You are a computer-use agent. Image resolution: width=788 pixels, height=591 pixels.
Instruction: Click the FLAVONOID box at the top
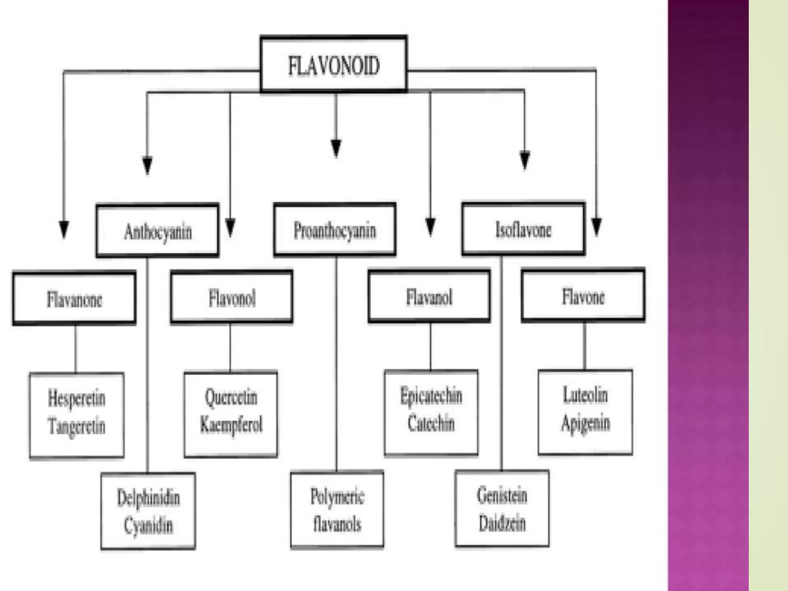point(334,64)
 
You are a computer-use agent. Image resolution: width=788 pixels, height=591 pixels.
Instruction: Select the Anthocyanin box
point(158,231)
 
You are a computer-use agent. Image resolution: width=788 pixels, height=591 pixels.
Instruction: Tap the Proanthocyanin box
point(335,230)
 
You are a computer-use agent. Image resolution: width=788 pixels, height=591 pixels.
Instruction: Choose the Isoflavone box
point(523,229)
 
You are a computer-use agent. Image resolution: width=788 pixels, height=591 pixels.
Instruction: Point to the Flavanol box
point(429,297)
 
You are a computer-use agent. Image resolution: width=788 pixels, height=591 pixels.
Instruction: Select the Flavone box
point(583,296)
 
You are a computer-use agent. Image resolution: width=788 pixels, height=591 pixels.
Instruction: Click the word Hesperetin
point(77,398)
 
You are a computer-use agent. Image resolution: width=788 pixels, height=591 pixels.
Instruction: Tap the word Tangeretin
point(77,426)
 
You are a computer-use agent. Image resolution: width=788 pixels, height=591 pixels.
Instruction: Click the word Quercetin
point(231,397)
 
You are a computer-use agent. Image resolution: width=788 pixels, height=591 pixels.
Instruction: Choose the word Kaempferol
point(231,425)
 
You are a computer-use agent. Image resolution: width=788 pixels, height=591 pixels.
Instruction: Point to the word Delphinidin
point(149,498)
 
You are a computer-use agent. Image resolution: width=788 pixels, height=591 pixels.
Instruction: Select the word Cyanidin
point(149,525)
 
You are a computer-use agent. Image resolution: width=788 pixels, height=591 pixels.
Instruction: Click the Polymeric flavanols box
point(337,509)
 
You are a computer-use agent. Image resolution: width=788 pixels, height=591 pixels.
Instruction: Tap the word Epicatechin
point(431,396)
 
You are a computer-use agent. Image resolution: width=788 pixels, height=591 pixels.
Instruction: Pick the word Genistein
point(502,495)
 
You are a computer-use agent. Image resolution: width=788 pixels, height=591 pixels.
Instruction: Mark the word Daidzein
point(502,523)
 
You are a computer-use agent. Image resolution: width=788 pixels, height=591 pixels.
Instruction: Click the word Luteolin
point(585,395)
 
